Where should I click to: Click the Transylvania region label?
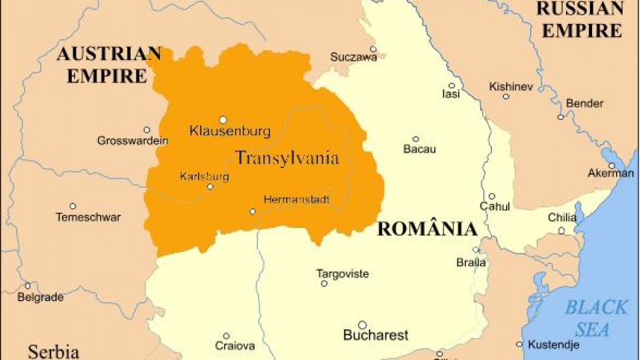pyautogui.click(x=287, y=158)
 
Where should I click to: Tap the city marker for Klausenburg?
pyautogui.click(x=223, y=120)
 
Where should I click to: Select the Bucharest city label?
pyautogui.click(x=375, y=335)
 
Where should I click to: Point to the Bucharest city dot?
pyautogui.click(x=362, y=325)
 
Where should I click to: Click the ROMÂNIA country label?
pyautogui.click(x=427, y=229)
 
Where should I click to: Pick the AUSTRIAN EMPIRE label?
pyautogui.click(x=108, y=64)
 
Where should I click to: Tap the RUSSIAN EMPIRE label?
pyautogui.click(x=579, y=19)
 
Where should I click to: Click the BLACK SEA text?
pyautogui.click(x=596, y=318)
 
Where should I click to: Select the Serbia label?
pyautogui.click(x=53, y=351)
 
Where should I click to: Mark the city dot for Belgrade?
pyautogui.click(x=27, y=285)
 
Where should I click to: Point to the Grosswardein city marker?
pyautogui.click(x=147, y=130)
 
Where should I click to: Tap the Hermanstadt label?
pyautogui.click(x=297, y=199)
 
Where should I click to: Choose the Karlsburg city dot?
pyautogui.click(x=210, y=187)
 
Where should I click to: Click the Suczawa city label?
pyautogui.click(x=353, y=57)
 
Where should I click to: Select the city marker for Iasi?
pyautogui.click(x=451, y=85)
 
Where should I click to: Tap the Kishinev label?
pyautogui.click(x=511, y=87)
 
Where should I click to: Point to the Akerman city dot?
pyautogui.click(x=611, y=165)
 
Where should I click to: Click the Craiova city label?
pyautogui.click(x=235, y=346)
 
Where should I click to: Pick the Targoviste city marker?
pyautogui.click(x=324, y=283)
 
